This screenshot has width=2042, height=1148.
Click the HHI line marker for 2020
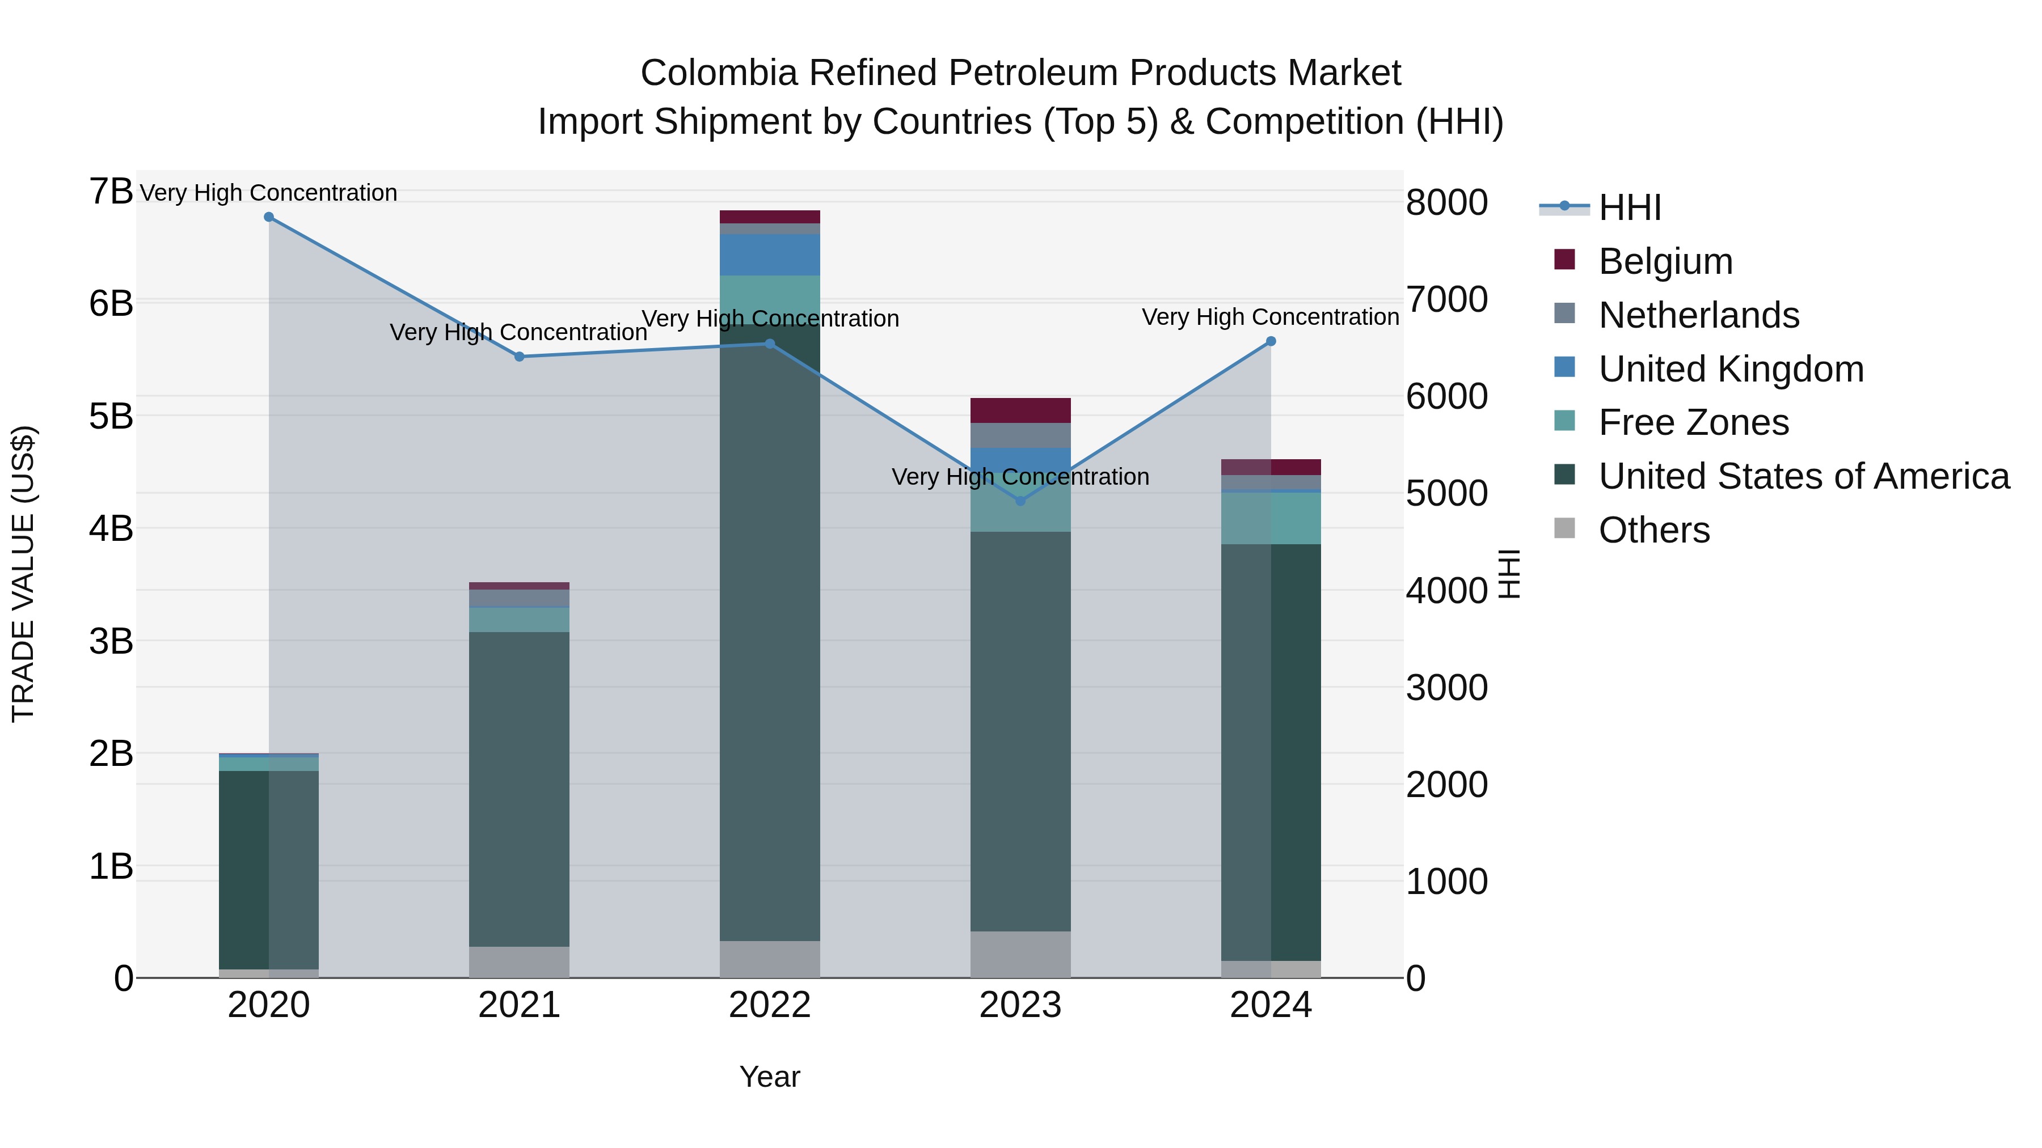(269, 217)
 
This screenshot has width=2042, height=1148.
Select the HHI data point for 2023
(1020, 501)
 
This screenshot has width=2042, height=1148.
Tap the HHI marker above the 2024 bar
(1271, 341)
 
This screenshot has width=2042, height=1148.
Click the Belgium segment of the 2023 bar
(1020, 410)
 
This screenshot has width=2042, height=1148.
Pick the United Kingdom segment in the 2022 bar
(770, 255)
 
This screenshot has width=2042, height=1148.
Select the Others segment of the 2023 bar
(1020, 954)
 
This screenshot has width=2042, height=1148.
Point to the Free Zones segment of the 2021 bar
(519, 620)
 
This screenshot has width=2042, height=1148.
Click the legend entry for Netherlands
(1699, 315)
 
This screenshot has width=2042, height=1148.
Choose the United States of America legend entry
(1803, 476)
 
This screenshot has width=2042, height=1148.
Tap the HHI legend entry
(1629, 207)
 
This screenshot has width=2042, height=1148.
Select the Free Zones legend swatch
(1565, 421)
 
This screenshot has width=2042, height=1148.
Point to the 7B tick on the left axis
(111, 192)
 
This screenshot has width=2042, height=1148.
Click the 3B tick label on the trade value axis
(111, 641)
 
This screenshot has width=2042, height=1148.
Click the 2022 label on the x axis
(770, 1005)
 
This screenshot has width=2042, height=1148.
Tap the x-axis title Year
(770, 1077)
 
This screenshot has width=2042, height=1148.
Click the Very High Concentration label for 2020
(269, 193)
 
